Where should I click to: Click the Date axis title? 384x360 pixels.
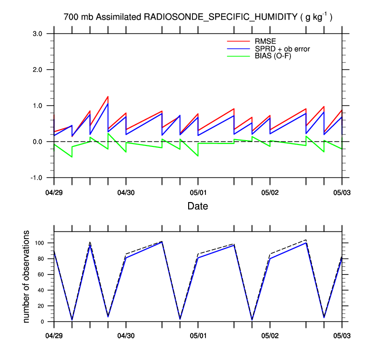coord(198,206)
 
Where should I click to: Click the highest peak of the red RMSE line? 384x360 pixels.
coord(108,96)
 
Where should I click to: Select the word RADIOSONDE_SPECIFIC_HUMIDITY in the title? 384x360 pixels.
coord(221,18)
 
